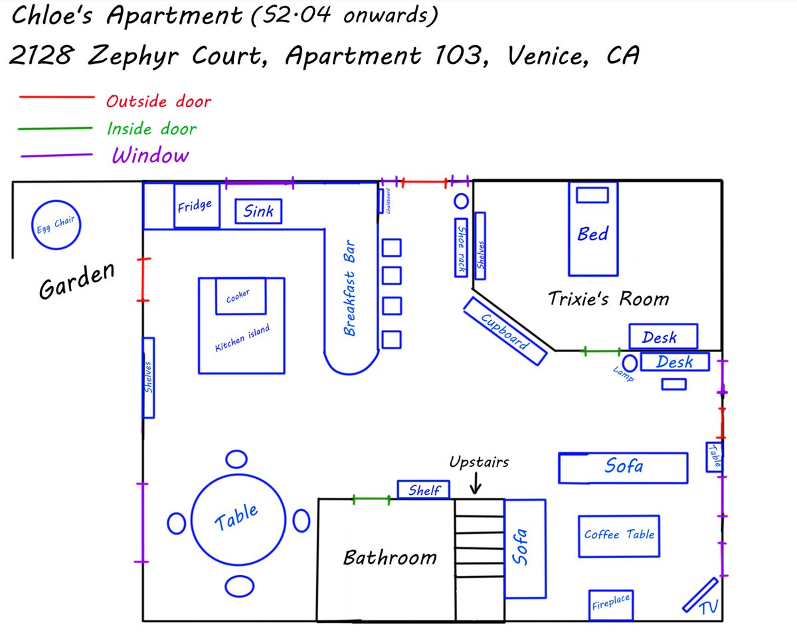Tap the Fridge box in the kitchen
tap(195, 205)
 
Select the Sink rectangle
tap(258, 211)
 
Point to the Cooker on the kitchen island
tap(240, 296)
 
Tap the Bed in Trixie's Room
tap(593, 229)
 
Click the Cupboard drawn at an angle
tap(505, 331)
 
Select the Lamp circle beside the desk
tap(630, 363)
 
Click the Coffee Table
tap(618, 535)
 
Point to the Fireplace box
tap(610, 604)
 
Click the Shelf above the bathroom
tap(424, 490)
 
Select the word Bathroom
tap(390, 557)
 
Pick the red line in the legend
tap(57, 98)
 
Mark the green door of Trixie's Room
tap(602, 351)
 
